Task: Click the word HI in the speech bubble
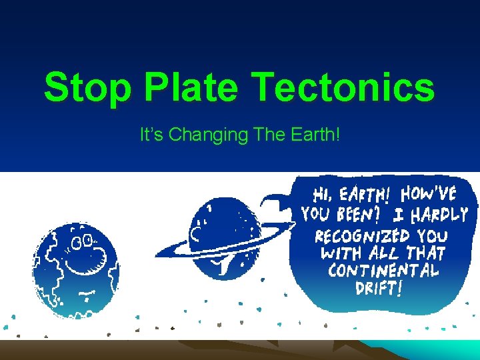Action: (322, 195)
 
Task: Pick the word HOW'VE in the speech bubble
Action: (429, 194)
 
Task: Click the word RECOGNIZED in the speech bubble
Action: (363, 236)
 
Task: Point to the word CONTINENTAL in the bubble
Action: (383, 271)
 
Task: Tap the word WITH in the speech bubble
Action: (343, 253)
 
